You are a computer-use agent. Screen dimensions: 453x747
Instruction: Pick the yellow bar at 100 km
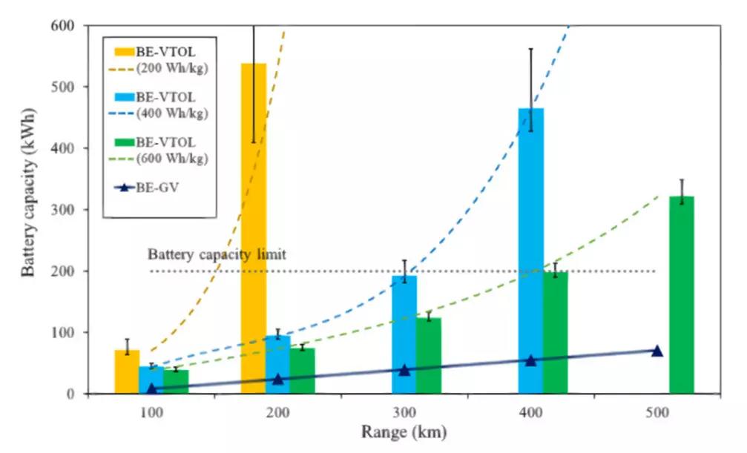click(x=126, y=371)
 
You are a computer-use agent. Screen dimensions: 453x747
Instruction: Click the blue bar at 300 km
click(x=404, y=334)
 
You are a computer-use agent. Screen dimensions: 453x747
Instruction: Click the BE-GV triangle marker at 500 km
click(x=656, y=351)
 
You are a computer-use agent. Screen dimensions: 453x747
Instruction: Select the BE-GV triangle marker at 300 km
click(x=404, y=369)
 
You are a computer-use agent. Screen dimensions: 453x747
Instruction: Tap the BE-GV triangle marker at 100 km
click(x=152, y=388)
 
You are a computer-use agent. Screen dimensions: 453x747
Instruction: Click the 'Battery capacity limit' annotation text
click(x=217, y=254)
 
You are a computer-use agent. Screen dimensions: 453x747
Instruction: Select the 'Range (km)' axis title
click(x=404, y=431)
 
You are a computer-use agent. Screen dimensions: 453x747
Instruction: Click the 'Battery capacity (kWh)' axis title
click(x=28, y=209)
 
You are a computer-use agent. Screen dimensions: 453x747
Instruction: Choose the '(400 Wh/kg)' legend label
click(x=172, y=113)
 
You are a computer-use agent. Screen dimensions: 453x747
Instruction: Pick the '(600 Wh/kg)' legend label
click(x=172, y=159)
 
